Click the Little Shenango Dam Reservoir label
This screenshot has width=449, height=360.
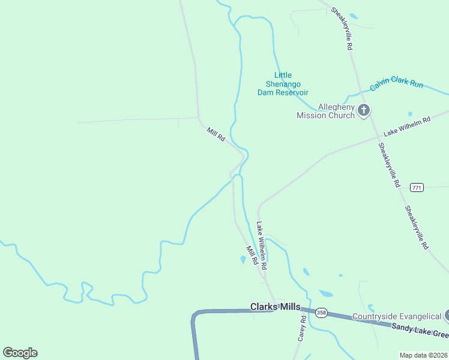coord(283,84)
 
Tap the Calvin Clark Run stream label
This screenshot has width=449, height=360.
coord(396,83)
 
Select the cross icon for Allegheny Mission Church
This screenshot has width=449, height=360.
coord(364,110)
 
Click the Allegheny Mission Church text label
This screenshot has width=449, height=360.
coord(326,111)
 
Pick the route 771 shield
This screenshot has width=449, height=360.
coord(417,188)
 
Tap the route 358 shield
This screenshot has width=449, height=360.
coord(321,313)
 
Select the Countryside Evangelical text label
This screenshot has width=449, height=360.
coord(396,317)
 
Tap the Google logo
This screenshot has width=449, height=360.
coord(20,353)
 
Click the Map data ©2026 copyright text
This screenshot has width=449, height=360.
coord(423,355)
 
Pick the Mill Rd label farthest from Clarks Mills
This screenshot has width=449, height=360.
coord(215,134)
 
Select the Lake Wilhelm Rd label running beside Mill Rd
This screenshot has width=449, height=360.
coord(262,245)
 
